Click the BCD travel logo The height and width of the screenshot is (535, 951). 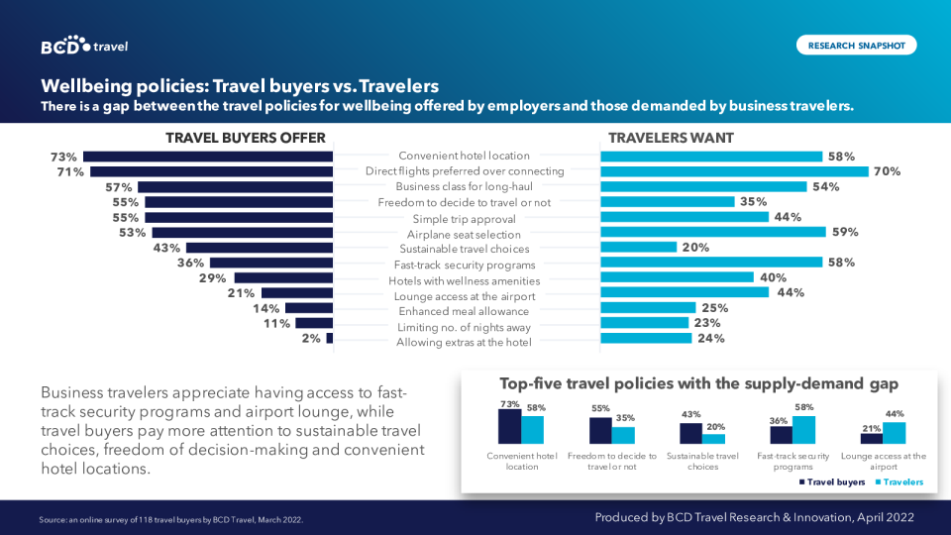click(84, 46)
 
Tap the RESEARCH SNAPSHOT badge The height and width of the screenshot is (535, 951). click(856, 45)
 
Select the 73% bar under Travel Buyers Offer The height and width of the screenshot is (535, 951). click(208, 157)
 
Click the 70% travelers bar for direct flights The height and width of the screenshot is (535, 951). click(734, 171)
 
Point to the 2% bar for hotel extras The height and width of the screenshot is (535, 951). click(329, 338)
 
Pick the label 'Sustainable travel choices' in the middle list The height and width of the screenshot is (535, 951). click(465, 249)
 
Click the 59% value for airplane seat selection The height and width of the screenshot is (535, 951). click(845, 232)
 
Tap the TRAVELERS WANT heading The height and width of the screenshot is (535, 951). click(671, 138)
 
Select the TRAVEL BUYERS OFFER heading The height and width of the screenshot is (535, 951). click(245, 138)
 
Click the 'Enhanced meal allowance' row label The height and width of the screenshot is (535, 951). click(465, 311)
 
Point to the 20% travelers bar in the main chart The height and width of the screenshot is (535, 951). click(638, 248)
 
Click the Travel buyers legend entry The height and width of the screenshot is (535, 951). click(832, 482)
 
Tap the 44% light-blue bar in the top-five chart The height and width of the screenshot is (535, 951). click(894, 433)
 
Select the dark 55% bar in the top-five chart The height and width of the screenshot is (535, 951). click(600, 430)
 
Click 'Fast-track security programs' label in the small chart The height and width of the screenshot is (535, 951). click(792, 462)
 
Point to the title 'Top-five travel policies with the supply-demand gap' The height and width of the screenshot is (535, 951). click(698, 383)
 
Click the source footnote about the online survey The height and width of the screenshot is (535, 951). click(171, 519)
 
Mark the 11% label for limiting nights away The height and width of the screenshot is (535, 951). click(276, 323)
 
